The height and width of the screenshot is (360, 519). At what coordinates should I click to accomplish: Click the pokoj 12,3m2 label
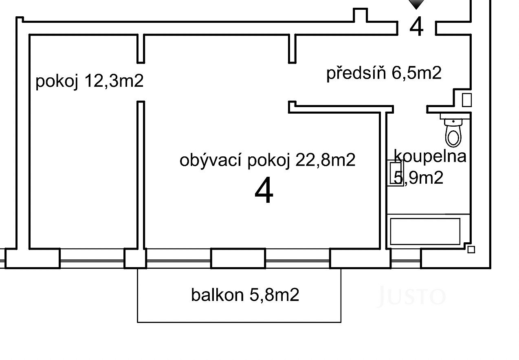[x=90, y=81]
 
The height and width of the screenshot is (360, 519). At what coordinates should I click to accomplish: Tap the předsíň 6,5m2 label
[x=384, y=73]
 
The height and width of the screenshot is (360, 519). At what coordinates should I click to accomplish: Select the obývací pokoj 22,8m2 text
[x=267, y=160]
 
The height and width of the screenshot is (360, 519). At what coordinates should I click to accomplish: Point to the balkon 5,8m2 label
[x=245, y=295]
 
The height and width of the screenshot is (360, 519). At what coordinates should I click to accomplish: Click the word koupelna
[x=430, y=156]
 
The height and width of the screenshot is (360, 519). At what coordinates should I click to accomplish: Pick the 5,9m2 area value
[x=418, y=178]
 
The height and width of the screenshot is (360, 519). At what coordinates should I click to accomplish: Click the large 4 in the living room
[x=264, y=190]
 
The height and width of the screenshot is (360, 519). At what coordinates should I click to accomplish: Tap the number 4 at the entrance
[x=416, y=26]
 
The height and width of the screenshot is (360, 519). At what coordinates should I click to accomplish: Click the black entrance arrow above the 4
[x=416, y=4]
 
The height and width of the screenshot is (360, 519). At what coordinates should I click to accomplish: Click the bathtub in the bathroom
[x=425, y=231]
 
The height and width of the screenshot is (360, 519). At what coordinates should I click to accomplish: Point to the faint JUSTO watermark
[x=412, y=296]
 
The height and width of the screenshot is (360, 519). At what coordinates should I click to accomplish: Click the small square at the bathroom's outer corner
[x=471, y=250]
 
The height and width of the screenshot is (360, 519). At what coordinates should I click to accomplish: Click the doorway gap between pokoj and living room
[x=141, y=82]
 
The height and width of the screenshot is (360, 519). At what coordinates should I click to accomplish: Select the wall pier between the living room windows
[x=238, y=258]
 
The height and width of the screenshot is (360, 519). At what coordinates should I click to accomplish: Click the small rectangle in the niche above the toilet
[x=466, y=100]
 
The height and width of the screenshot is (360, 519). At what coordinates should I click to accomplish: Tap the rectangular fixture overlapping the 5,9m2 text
[x=395, y=173]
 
